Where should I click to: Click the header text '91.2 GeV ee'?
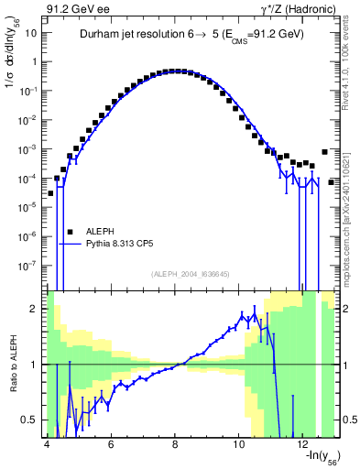coord(77,8)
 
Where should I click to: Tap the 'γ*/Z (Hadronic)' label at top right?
coord(294,8)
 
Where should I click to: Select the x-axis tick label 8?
coord(175,446)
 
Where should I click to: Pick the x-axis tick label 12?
coord(304,446)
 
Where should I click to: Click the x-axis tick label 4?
coord(46,446)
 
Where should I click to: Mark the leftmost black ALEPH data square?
coord(51,193)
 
